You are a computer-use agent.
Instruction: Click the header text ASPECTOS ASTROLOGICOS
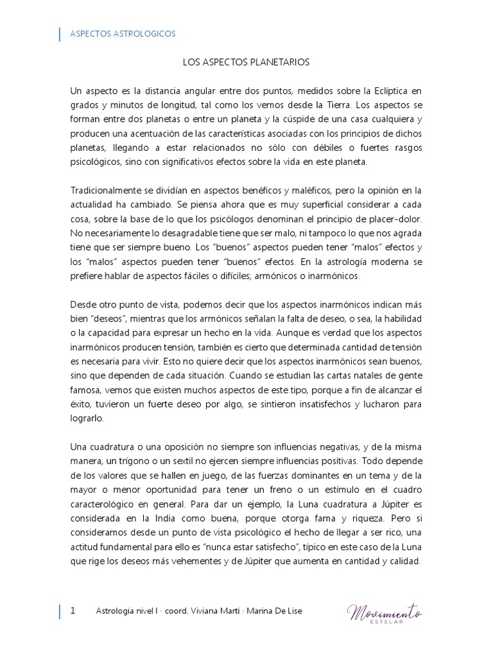123,34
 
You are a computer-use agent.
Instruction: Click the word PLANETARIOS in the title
283,62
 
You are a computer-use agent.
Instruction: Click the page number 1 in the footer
73,611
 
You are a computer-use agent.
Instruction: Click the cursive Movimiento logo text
385,611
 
